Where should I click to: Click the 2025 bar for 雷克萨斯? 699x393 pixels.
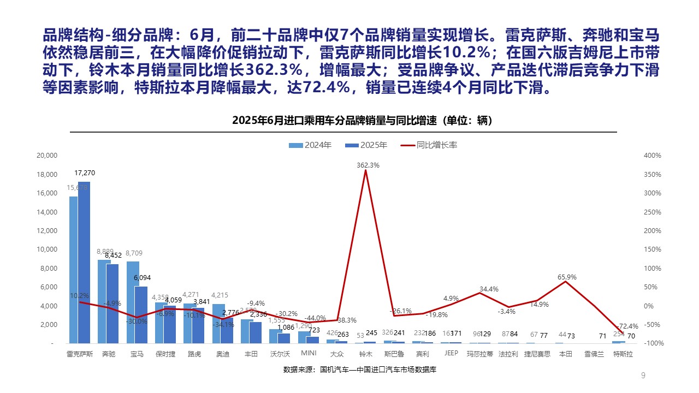pyautogui.click(x=84, y=262)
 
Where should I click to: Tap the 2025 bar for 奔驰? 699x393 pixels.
pyautogui.click(x=112, y=303)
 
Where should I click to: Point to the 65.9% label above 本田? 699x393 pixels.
pyautogui.click(x=567, y=277)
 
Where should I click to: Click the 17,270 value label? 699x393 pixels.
pyautogui.click(x=85, y=173)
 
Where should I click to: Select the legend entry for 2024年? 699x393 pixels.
pyautogui.click(x=310, y=145)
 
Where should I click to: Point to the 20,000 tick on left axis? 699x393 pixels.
pyautogui.click(x=46, y=156)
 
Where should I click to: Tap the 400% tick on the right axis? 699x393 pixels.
pyautogui.click(x=652, y=156)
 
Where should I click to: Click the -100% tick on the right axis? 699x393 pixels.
pyautogui.click(x=651, y=343)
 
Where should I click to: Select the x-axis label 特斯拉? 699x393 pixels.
pyautogui.click(x=623, y=354)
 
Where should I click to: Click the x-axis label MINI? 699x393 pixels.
pyautogui.click(x=309, y=354)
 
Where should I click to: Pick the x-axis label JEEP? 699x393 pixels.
pyautogui.click(x=451, y=354)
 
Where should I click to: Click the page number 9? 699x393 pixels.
pyautogui.click(x=643, y=375)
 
